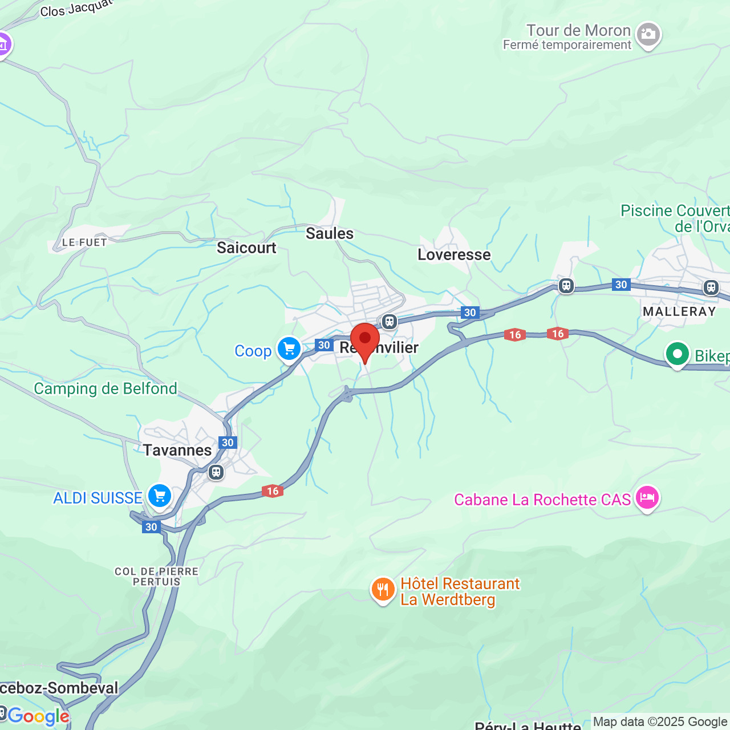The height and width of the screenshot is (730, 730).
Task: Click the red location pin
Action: point(365,340)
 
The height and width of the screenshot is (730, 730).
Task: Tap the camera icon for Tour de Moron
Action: point(648,35)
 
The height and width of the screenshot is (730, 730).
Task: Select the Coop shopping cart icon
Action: point(289,348)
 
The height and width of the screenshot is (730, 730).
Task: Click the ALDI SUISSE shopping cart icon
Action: point(160,496)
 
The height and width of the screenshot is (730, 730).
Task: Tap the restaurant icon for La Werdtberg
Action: point(383,590)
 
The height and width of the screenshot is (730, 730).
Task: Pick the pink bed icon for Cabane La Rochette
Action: point(647,498)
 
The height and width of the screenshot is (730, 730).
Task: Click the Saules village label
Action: point(330,233)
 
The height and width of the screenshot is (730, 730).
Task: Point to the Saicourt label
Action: point(246,248)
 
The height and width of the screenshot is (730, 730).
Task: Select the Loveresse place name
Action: point(454,254)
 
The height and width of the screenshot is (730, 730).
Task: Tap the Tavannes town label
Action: point(177,451)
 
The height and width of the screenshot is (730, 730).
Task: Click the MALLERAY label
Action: point(679,311)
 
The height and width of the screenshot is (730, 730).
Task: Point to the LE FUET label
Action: point(84,242)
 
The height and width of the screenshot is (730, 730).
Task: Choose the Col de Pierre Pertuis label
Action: point(157,576)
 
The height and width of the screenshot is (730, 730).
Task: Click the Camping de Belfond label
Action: point(106,389)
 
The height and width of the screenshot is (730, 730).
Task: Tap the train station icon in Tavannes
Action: point(216,472)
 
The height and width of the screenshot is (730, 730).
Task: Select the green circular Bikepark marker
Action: point(677,355)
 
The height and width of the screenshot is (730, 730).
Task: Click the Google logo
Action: point(38,716)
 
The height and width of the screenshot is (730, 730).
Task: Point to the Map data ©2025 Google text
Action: point(660,722)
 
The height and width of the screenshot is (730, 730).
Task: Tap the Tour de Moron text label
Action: point(578,30)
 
